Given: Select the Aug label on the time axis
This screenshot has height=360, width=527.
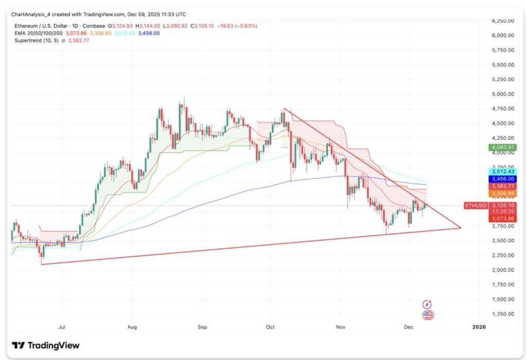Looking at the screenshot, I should (131, 327).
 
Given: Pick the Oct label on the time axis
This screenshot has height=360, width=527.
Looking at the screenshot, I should (271, 327).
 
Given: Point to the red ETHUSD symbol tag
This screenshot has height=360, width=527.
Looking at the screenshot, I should (475, 205).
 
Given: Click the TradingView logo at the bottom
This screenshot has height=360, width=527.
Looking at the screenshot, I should (46, 345).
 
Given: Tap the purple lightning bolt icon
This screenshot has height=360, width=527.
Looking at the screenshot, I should (427, 305).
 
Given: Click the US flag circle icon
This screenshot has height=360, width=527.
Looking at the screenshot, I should (427, 315).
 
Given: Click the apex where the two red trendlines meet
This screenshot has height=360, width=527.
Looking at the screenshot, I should (460, 228).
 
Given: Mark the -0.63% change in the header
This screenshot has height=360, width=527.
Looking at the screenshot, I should (247, 26).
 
